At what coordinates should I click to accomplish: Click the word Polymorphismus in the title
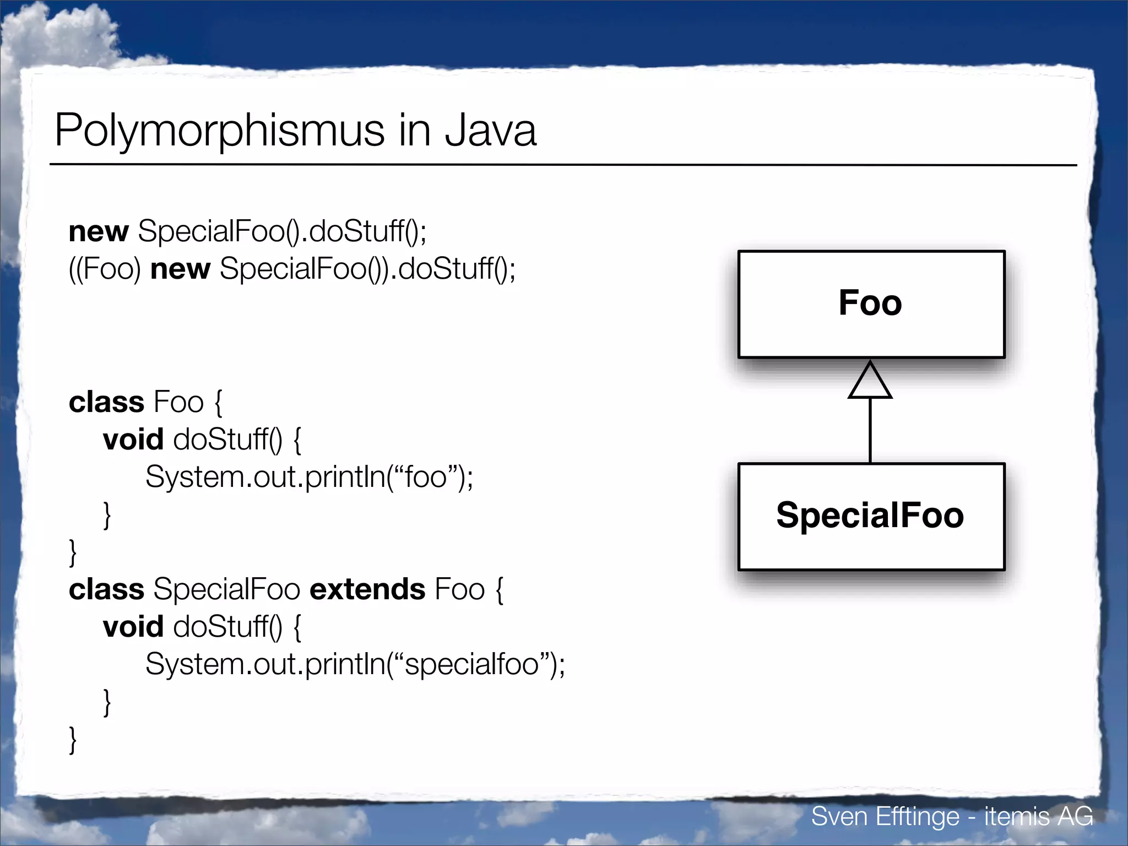[219, 131]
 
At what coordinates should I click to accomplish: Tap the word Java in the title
[490, 131]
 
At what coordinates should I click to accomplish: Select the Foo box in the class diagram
[871, 304]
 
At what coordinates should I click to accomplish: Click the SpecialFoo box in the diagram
[871, 516]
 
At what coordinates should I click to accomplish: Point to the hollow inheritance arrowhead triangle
[870, 382]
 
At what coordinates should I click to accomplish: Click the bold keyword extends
[367, 589]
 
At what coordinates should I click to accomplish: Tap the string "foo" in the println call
[425, 477]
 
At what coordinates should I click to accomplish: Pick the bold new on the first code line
[99, 231]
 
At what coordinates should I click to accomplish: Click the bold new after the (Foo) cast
[180, 269]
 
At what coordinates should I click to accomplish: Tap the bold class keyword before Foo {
[106, 402]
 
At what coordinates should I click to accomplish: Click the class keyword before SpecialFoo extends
[106, 589]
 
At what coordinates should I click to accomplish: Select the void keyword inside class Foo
[133, 440]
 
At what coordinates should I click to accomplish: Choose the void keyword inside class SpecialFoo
[133, 627]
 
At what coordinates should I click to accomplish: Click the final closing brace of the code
[73, 740]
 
